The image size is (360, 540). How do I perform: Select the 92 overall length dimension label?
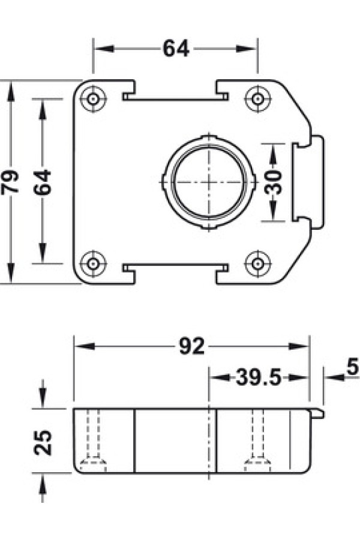point(192,346)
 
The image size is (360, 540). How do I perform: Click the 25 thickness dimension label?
point(43,443)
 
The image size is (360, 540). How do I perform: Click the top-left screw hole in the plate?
point(92,99)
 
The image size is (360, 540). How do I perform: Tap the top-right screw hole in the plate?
point(257,99)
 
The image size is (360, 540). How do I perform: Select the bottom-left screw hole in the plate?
point(92,264)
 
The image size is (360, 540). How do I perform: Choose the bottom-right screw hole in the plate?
point(257,264)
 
